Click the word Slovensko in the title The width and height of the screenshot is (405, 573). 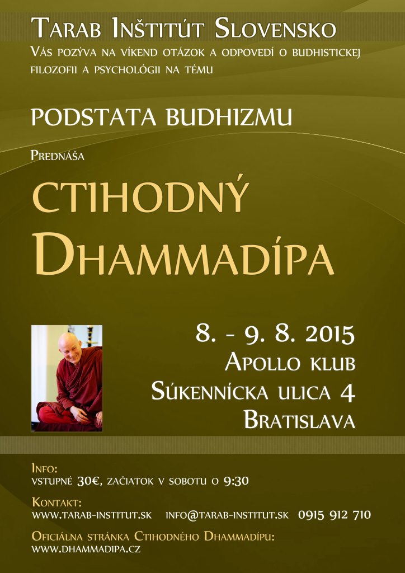[275, 29]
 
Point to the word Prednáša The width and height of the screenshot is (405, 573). [58, 156]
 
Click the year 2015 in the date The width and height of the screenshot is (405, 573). [330, 335]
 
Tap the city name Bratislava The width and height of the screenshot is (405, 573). [299, 420]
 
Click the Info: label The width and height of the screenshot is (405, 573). [45, 468]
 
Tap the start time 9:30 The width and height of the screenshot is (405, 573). [236, 481]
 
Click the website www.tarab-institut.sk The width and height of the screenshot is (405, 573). [92, 515]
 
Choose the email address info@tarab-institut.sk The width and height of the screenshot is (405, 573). [227, 515]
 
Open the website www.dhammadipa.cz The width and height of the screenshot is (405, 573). [86, 549]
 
